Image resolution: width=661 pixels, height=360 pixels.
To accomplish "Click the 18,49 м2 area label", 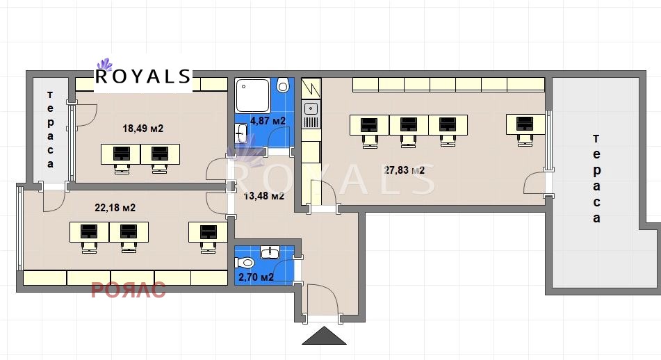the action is tap(143, 129).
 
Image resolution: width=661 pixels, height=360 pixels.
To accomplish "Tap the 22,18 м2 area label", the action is tap(115, 208).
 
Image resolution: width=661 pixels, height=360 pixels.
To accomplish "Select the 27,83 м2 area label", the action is tap(405, 170).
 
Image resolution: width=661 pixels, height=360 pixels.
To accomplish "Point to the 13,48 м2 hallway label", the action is tap(264, 196).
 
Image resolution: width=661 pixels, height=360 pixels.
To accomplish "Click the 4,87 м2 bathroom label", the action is tap(268, 121).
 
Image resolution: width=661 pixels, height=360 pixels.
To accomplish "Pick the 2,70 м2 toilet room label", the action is tap(256, 277).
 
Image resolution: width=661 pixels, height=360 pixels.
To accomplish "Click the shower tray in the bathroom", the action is tap(252, 95).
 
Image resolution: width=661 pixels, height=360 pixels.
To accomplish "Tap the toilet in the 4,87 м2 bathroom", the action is tap(283, 85).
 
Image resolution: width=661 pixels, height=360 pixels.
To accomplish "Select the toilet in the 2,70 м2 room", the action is tap(245, 263).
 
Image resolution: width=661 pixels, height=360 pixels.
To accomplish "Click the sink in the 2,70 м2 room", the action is tap(270, 252).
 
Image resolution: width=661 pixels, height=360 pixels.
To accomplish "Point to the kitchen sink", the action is tap(311, 108).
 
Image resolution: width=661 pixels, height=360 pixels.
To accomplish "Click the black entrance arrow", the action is tap(324, 335).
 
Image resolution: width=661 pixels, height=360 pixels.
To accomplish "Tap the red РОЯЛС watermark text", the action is tap(128, 290).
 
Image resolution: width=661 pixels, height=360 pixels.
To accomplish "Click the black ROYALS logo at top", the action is tap(143, 76).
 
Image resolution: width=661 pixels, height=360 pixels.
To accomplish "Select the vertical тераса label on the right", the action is tap(596, 179).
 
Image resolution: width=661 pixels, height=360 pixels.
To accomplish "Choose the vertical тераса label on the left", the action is tap(50, 129).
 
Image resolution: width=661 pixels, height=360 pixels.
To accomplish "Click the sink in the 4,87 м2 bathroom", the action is tap(242, 133).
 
